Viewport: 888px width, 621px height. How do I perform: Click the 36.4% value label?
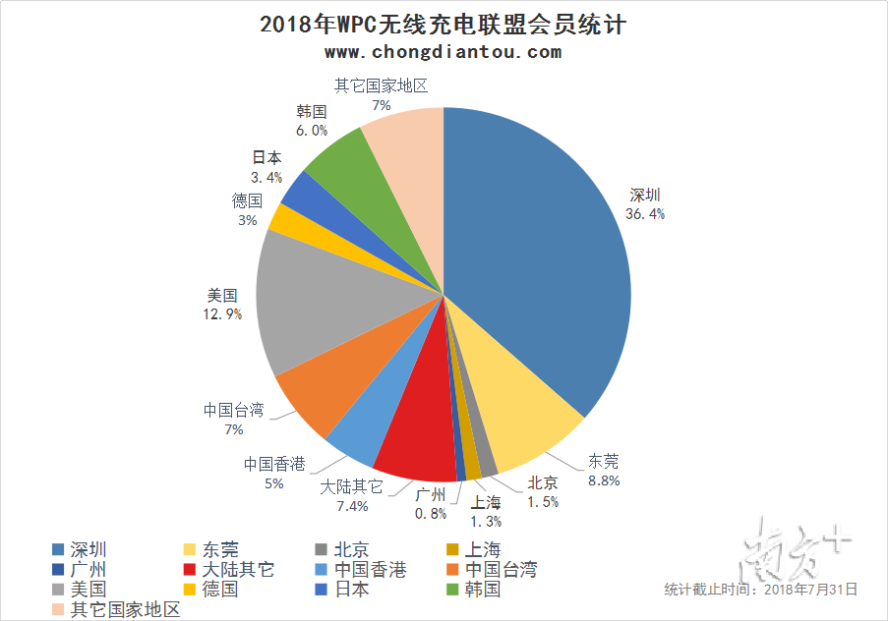645,213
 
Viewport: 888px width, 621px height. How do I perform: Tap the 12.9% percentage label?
221,313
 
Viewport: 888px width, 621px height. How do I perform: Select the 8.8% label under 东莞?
604,480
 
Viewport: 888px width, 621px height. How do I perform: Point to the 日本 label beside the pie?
266,157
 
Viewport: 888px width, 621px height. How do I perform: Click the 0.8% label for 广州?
431,513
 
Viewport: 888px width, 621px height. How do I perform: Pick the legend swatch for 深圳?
59,549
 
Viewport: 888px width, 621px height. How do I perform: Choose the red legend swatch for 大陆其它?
191,570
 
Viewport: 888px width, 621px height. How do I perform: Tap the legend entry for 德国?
220,590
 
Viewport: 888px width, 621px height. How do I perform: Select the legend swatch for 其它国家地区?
59,609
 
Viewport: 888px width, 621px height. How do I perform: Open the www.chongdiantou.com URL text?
443,52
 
